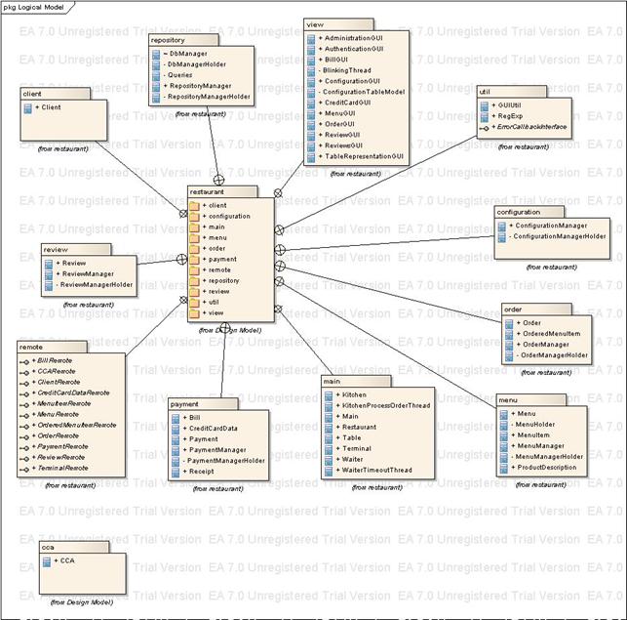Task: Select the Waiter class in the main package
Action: click(352, 459)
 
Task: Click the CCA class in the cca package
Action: click(66, 560)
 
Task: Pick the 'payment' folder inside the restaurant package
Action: click(222, 260)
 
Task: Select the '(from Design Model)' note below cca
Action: click(81, 602)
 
